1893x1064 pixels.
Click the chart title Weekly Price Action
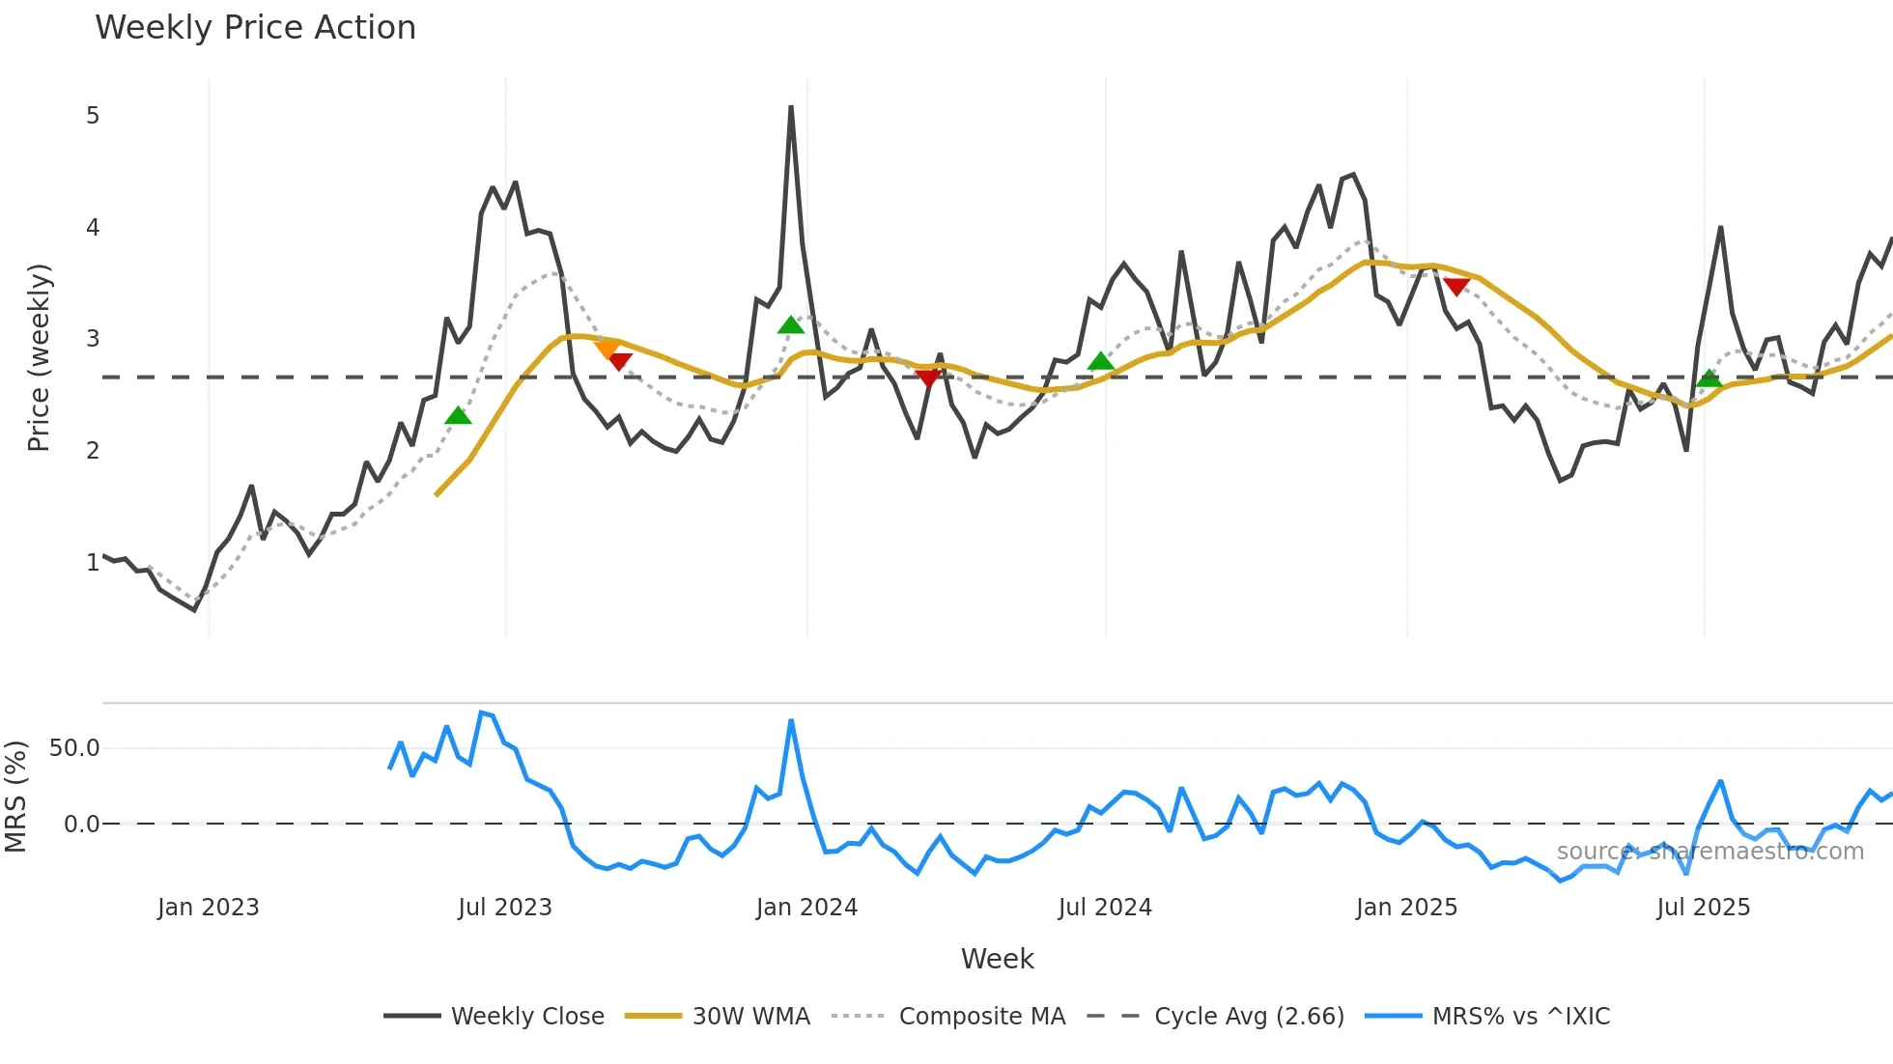(255, 28)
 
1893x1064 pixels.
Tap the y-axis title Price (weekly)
(39, 357)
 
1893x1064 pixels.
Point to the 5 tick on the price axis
(93, 116)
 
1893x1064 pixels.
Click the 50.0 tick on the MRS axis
(74, 748)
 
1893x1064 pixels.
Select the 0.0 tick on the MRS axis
(81, 825)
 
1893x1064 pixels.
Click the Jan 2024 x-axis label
(806, 908)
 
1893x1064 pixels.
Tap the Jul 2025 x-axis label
(1703, 908)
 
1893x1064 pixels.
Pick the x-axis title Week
(997, 959)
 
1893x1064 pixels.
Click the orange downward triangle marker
(607, 349)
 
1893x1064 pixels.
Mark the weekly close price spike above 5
(791, 108)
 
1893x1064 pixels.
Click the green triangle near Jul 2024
(1100, 361)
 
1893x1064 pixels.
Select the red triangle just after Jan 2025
(1456, 287)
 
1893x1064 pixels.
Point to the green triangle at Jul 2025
(1709, 378)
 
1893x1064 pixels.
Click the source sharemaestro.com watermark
(1709, 852)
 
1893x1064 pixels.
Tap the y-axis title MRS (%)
(16, 797)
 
